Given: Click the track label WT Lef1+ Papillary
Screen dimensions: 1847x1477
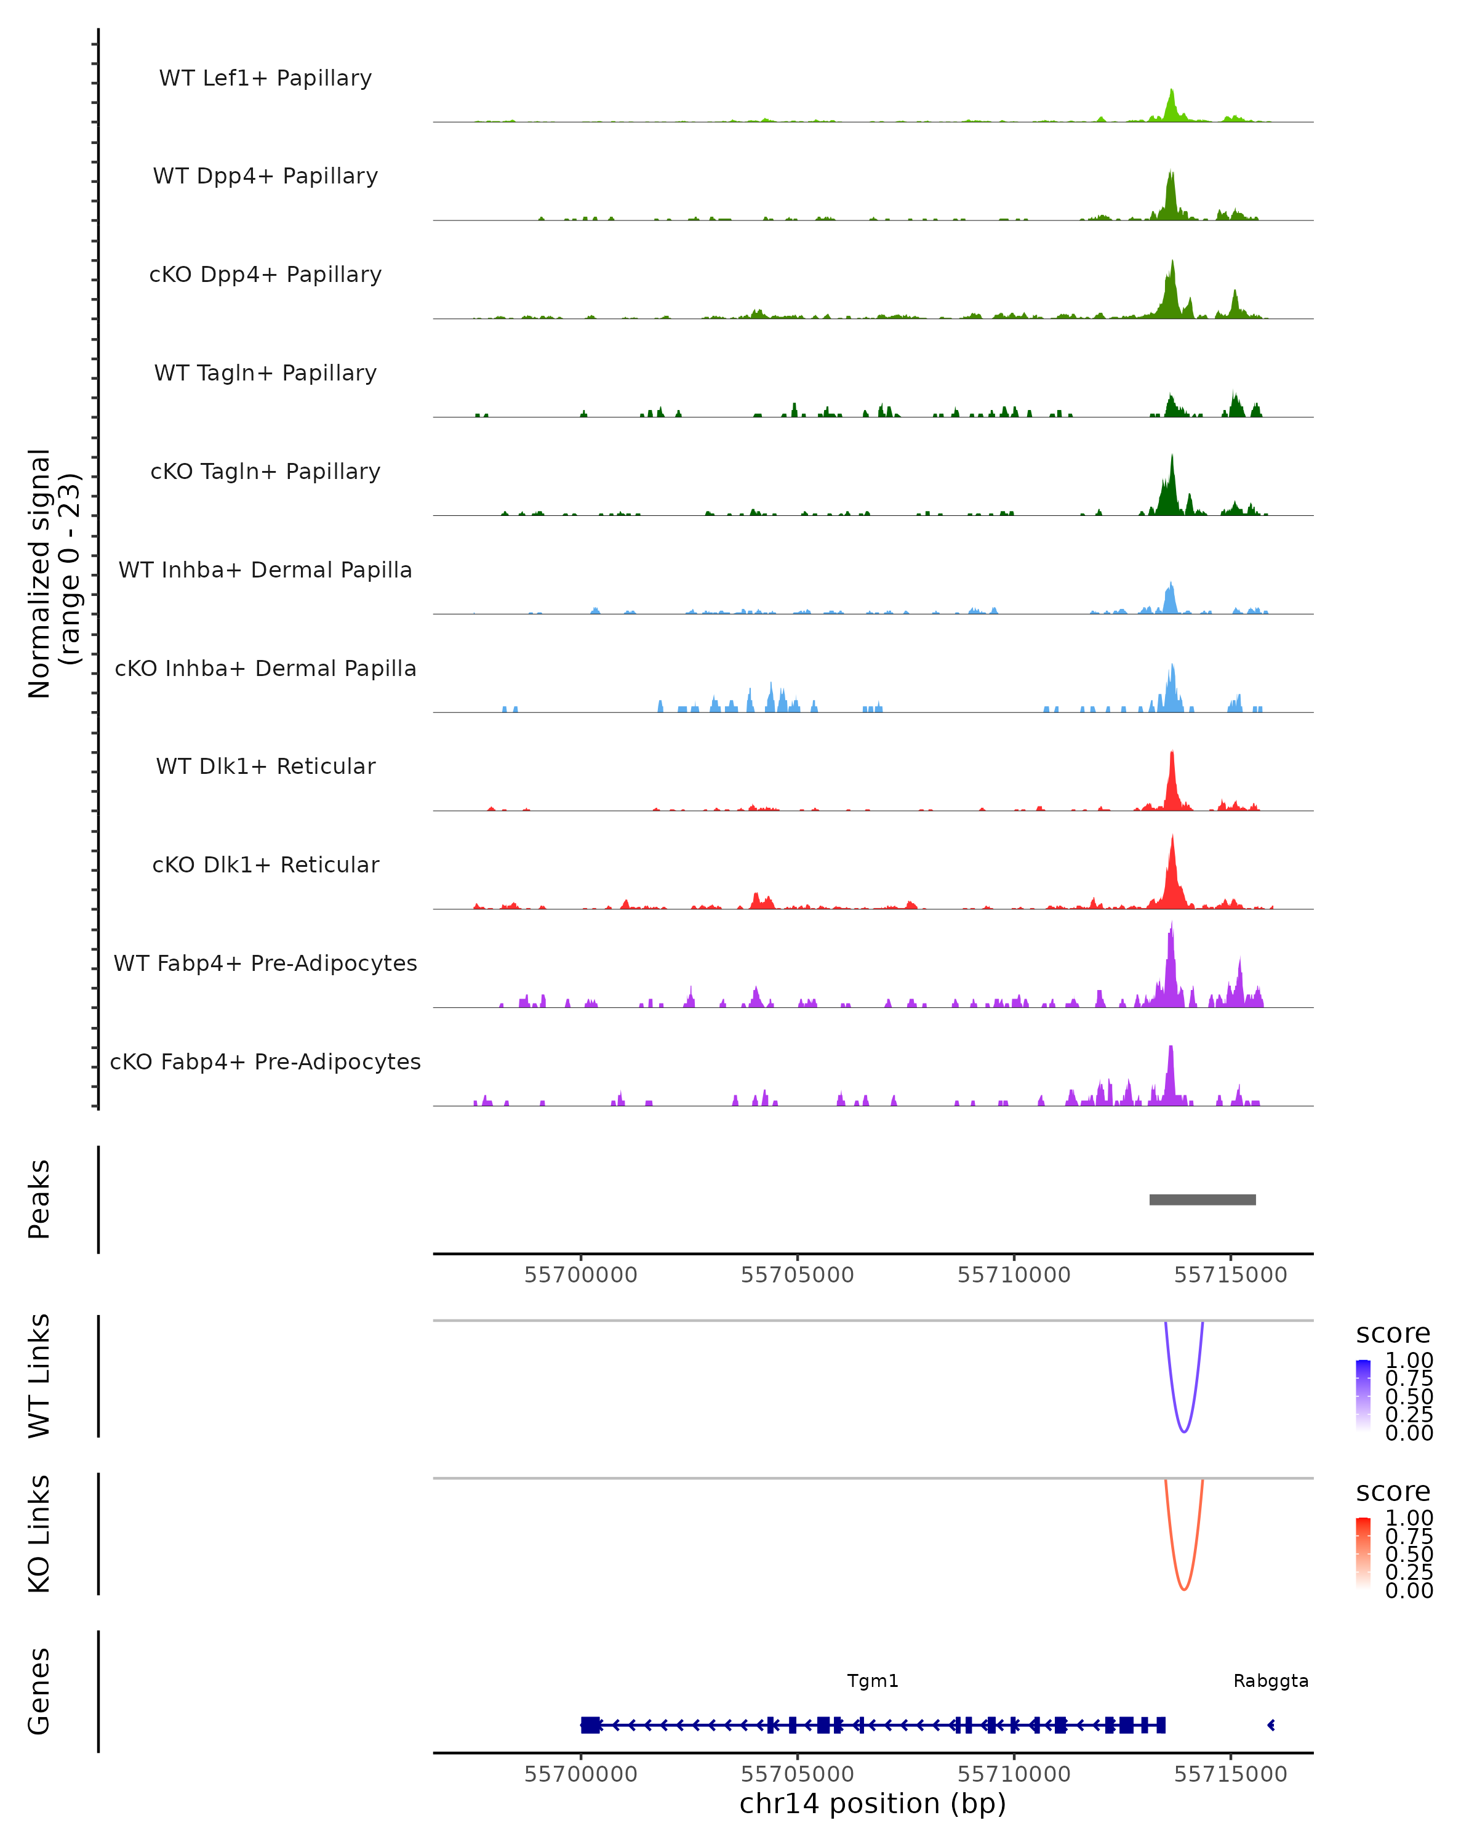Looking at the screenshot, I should [x=265, y=78].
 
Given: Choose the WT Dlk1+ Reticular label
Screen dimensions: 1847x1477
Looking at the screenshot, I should [x=265, y=766].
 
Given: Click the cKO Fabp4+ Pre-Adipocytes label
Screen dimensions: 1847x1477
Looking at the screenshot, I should [x=265, y=1061].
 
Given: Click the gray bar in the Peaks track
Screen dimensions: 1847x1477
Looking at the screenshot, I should [x=1202, y=1199].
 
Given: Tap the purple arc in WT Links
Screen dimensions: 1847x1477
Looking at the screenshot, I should [x=1184, y=1431].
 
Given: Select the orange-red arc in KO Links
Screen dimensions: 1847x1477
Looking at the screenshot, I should [x=1184, y=1588].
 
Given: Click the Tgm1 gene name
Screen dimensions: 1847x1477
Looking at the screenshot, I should [x=873, y=1681].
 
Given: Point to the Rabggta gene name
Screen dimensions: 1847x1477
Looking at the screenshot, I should [x=1271, y=1681].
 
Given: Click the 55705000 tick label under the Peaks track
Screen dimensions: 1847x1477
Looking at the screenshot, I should [x=797, y=1275].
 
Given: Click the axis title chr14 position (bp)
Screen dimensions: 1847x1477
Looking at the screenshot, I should [x=873, y=1803].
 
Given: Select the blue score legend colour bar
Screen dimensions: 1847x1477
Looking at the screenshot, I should [x=1363, y=1396].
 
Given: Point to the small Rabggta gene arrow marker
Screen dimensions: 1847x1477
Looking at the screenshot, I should [x=1271, y=1724].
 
